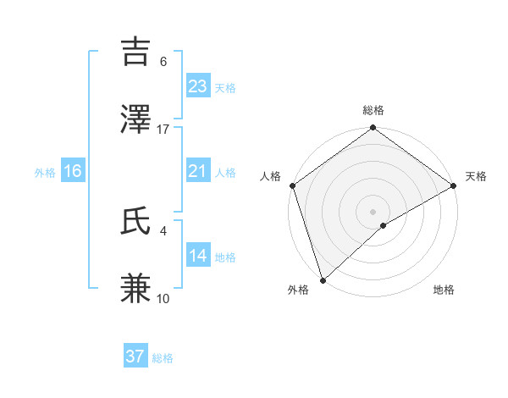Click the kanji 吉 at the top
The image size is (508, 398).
tap(137, 52)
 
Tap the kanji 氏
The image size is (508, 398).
tap(137, 220)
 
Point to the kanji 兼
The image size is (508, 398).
tap(137, 288)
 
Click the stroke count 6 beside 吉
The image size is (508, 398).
tap(163, 62)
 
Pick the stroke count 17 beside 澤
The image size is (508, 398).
tap(163, 129)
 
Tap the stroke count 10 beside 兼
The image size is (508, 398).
tap(163, 298)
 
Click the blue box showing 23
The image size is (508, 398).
tap(198, 86)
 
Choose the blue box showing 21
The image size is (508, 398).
tap(198, 171)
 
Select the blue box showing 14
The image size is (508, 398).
tap(198, 256)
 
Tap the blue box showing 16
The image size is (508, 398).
tap(73, 171)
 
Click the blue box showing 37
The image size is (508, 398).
tap(135, 357)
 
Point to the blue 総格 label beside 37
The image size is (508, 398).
tap(163, 358)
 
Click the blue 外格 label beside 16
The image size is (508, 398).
tap(45, 173)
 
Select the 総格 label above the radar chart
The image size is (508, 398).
tap(373, 111)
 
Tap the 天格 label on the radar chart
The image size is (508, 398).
tap(477, 176)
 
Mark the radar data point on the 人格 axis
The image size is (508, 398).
tap(292, 185)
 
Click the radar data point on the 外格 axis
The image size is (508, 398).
tap(323, 279)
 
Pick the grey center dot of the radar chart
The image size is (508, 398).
tap(373, 211)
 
